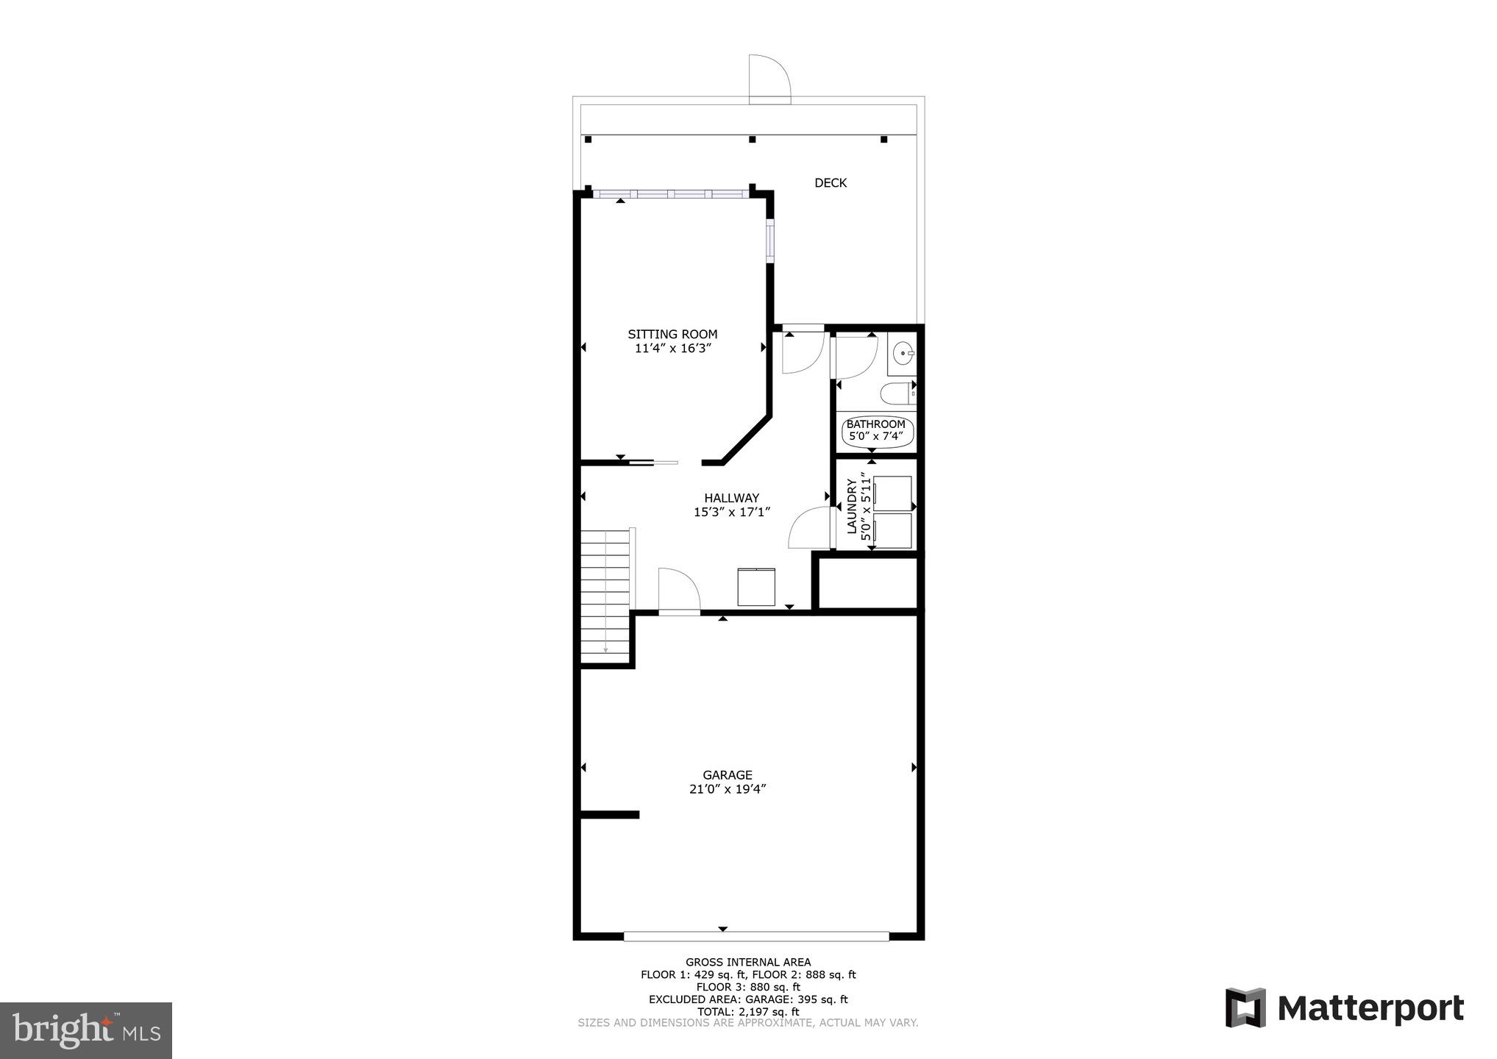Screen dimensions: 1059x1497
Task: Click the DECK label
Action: click(830, 183)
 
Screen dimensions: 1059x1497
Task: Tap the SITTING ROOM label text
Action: click(672, 334)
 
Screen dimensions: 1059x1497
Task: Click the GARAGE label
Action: click(727, 774)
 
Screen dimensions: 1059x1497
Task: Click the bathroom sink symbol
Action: click(902, 354)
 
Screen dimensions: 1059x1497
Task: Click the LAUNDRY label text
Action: click(851, 507)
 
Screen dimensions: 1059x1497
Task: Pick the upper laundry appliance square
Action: click(891, 493)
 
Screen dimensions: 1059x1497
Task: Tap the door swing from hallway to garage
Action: click(678, 591)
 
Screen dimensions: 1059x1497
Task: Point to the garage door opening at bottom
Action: click(756, 936)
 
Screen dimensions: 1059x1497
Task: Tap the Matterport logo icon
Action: click(1245, 1008)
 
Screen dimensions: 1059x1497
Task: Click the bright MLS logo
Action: click(85, 1030)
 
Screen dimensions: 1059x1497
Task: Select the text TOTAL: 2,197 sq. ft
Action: click(747, 1012)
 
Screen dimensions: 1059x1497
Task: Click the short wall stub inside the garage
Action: click(609, 815)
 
